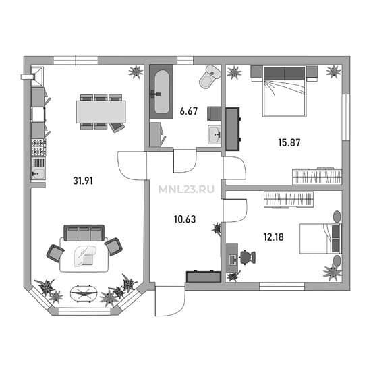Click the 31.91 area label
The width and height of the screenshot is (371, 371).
(x=83, y=181)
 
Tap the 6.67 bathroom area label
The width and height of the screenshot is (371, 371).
(x=189, y=111)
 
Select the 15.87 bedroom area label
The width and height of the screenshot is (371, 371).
(x=289, y=142)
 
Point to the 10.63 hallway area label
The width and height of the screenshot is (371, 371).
(x=185, y=219)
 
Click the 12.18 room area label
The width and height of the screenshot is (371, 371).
(x=273, y=237)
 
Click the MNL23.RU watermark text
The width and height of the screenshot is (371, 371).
(x=186, y=190)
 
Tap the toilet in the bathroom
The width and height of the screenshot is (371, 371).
(x=210, y=76)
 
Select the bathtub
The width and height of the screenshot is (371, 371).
(x=161, y=92)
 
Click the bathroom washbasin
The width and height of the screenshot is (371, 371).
(x=215, y=135)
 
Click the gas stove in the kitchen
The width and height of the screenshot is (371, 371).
(x=38, y=148)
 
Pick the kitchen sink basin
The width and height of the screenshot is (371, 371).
(x=38, y=174)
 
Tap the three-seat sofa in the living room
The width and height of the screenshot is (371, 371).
(x=84, y=233)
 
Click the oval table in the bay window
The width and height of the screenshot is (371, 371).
(x=84, y=293)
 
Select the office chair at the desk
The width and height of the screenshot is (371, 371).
(x=248, y=257)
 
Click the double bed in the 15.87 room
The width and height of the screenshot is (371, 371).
(x=285, y=92)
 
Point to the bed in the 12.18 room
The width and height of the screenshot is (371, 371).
(x=320, y=239)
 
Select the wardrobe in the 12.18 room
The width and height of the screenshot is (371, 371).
(x=289, y=199)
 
